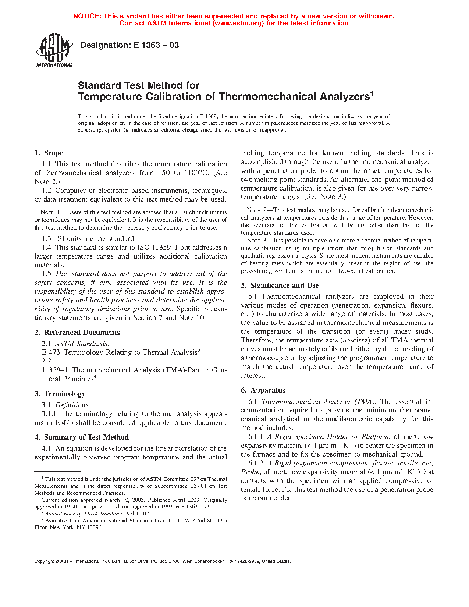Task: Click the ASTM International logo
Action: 54,51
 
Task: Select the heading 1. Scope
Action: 49,153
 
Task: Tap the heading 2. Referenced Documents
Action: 77,333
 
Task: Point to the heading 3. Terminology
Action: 60,394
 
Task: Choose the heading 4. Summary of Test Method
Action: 82,437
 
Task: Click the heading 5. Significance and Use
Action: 280,285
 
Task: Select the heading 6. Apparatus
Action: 263,390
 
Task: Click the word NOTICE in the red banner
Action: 87,16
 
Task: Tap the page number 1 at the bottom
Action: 234,583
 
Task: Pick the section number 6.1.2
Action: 256,463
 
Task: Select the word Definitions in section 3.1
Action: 73,405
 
